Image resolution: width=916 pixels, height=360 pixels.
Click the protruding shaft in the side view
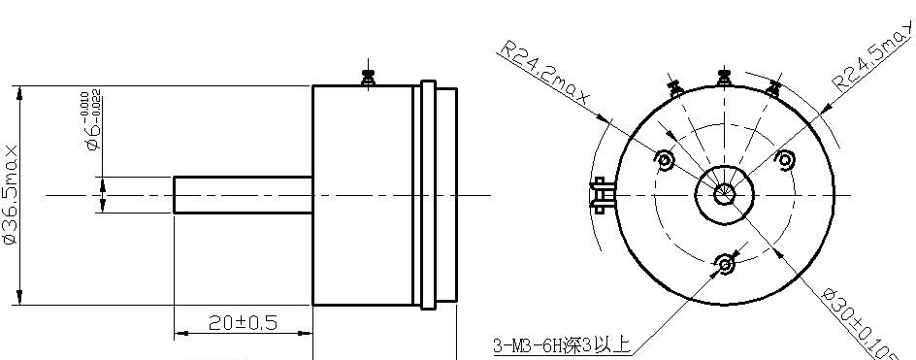tap(243, 194)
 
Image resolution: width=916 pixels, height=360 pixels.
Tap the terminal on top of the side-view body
tap(368, 77)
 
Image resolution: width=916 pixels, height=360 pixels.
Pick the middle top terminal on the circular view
tap(722, 78)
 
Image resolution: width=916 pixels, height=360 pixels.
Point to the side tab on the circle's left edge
tap(599, 193)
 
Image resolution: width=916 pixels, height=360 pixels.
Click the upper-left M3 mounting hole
tap(666, 159)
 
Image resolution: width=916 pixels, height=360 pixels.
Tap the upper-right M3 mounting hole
tap(785, 159)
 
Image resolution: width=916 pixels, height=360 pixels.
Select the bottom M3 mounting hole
tap(725, 263)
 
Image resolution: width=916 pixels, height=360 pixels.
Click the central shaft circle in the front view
tap(725, 193)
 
